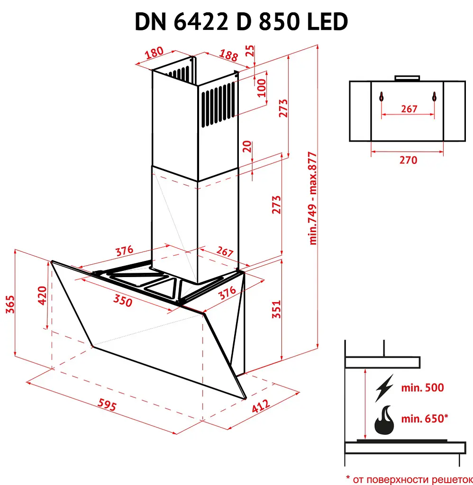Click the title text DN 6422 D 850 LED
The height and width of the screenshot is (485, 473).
click(x=241, y=22)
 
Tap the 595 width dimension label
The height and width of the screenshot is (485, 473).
click(x=107, y=404)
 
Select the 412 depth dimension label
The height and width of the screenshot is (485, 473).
click(x=261, y=406)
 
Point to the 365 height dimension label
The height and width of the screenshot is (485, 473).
click(x=10, y=305)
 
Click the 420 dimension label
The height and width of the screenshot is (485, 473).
click(x=42, y=296)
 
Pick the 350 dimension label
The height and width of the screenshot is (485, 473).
click(x=123, y=300)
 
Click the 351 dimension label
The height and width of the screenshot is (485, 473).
click(x=276, y=309)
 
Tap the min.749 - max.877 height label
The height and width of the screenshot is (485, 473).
click(x=313, y=198)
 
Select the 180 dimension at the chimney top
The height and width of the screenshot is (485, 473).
click(x=154, y=53)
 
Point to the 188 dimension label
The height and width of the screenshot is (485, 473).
click(x=228, y=55)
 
